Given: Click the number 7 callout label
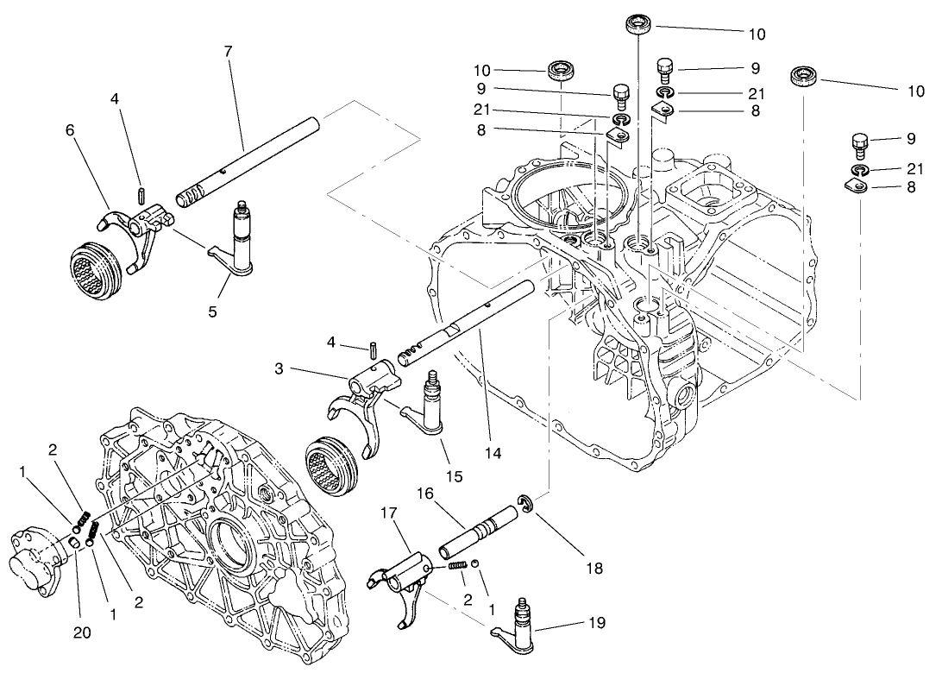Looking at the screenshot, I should [x=228, y=52].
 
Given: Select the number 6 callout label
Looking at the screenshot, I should [x=70, y=130].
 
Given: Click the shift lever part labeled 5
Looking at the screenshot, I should [x=237, y=249].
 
